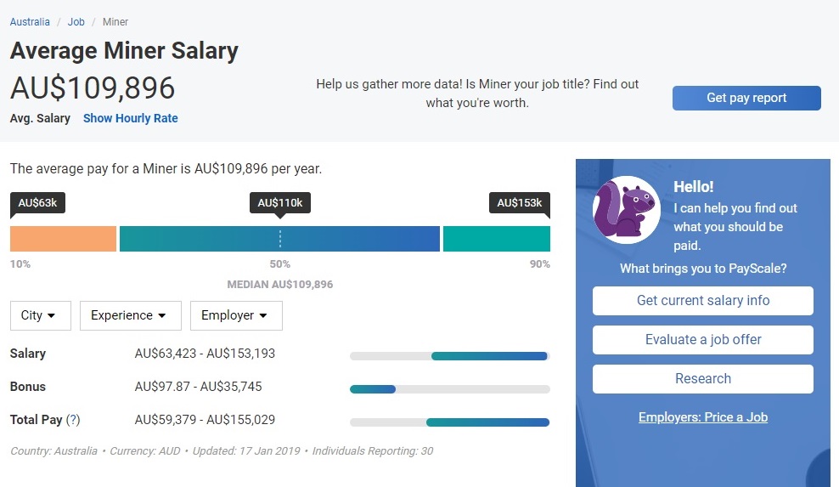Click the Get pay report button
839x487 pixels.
[746, 98]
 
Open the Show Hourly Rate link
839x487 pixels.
[131, 118]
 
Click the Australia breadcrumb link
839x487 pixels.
[30, 22]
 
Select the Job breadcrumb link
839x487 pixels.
[76, 22]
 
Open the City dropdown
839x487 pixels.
[41, 315]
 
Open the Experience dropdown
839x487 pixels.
[131, 315]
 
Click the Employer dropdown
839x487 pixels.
[236, 315]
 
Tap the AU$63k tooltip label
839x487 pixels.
[37, 203]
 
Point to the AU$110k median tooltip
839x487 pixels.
[280, 203]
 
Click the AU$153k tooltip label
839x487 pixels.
[520, 203]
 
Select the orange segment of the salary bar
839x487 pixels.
[63, 239]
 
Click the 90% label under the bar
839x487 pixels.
[540, 264]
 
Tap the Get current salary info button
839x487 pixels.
[702, 301]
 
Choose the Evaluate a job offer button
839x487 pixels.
[702, 340]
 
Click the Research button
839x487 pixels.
[702, 379]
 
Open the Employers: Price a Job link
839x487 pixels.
[702, 417]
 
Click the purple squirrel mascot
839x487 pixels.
[626, 210]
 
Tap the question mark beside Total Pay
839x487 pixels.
[73, 420]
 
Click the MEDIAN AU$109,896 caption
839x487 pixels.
[280, 285]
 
